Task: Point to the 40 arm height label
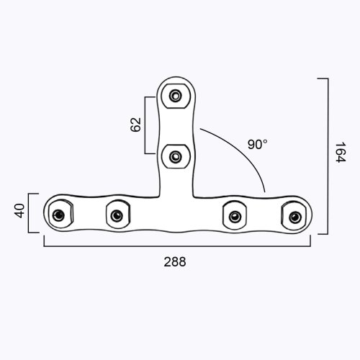(19, 212)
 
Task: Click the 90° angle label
(257, 144)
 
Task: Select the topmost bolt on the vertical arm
(175, 94)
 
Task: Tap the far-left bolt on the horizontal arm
(59, 215)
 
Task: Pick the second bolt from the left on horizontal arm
(117, 213)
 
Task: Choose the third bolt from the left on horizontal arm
(233, 213)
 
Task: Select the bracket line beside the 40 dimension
(30, 212)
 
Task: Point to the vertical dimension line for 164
(328, 155)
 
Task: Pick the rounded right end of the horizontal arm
(306, 215)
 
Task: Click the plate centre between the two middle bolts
(175, 213)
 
